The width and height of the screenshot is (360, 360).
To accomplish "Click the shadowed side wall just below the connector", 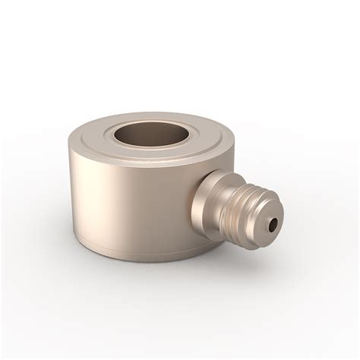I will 201,232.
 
